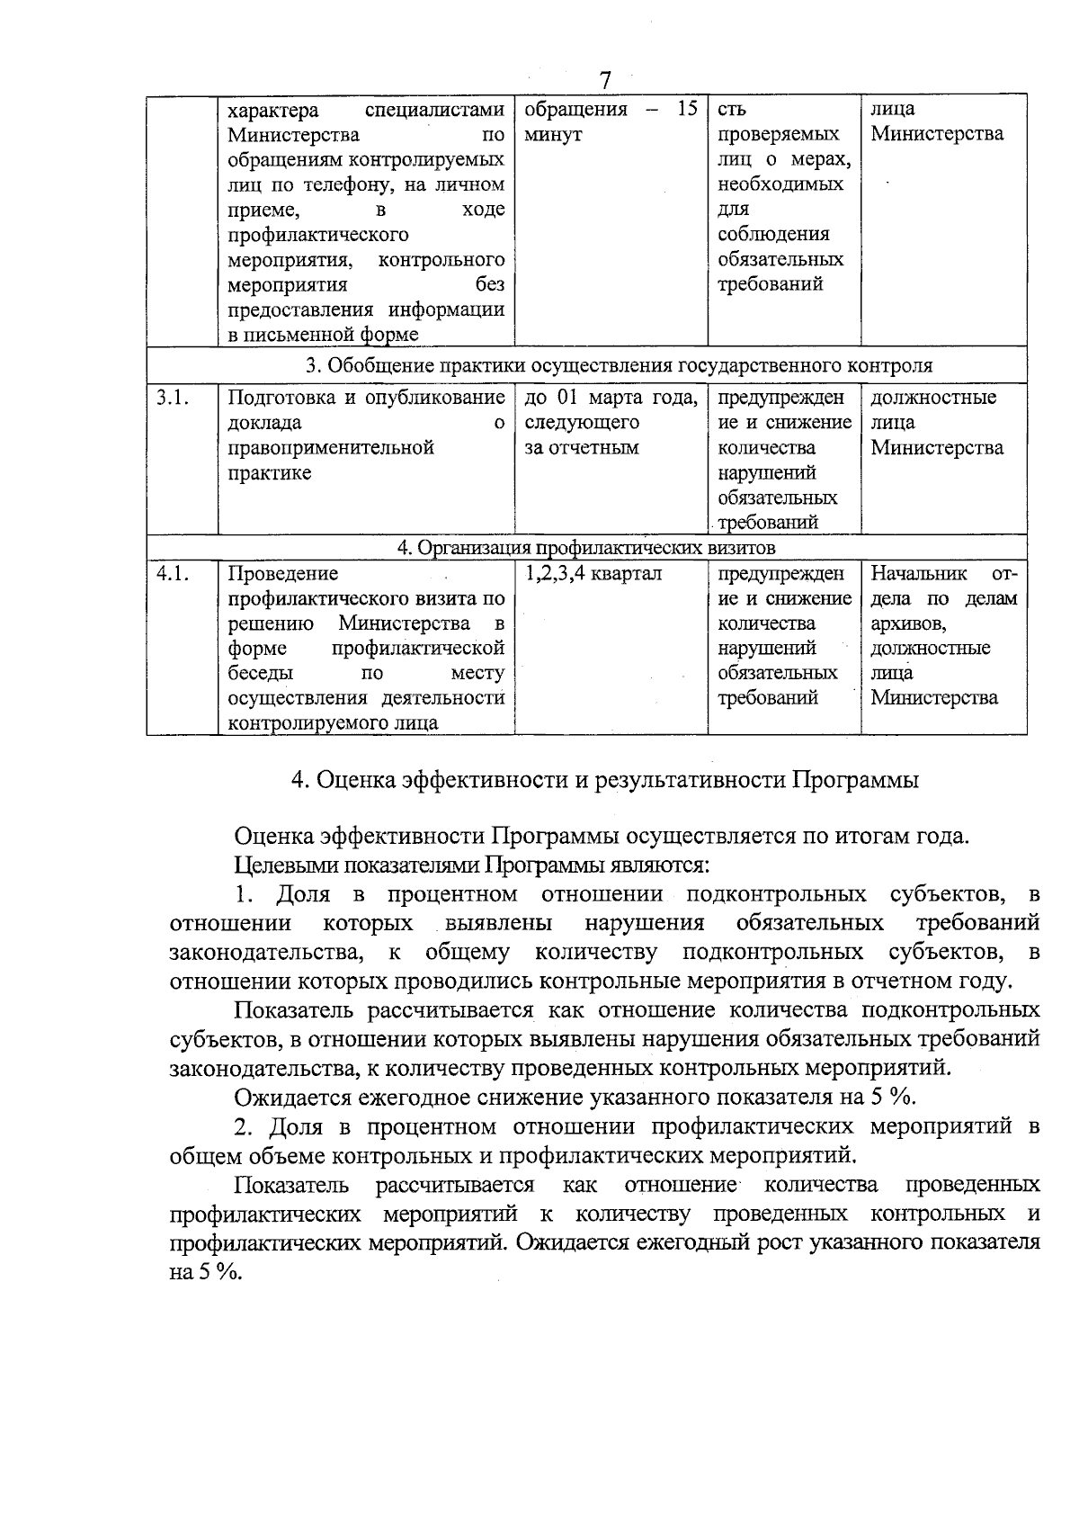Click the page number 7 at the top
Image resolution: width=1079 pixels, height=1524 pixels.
(604, 81)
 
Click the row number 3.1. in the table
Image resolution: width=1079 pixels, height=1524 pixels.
(172, 398)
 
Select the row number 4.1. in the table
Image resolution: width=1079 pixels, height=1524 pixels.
(172, 573)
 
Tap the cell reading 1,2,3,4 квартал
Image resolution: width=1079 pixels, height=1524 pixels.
(593, 573)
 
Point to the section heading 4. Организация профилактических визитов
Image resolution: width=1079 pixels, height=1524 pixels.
(586, 548)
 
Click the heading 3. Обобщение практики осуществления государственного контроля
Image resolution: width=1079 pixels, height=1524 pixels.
(619, 365)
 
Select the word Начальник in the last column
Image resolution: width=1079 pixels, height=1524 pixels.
(918, 573)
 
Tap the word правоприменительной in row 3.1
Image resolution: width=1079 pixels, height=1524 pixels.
(331, 448)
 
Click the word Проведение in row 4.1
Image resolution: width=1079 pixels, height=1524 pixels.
(282, 573)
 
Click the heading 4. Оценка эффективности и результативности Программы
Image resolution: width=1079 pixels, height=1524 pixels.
(604, 780)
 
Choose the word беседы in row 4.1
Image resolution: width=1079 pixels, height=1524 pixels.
(259, 673)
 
